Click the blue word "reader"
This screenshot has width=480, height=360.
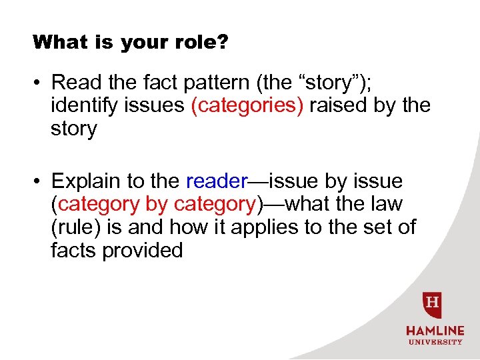(x=217, y=181)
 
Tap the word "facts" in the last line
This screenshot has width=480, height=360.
(x=73, y=250)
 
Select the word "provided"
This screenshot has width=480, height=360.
(x=142, y=250)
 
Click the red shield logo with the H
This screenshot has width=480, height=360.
(x=433, y=305)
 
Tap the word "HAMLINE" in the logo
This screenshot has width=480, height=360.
(x=434, y=331)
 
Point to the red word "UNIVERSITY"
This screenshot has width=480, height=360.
(x=434, y=342)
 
